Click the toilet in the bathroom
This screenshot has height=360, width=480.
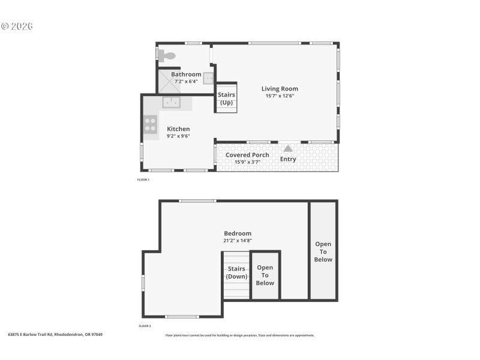(x=167, y=56)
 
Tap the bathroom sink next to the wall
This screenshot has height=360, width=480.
(x=208, y=78)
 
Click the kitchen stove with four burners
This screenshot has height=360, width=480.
(x=150, y=124)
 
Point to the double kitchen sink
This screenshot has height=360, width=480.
(x=172, y=102)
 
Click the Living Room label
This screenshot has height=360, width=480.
(x=280, y=89)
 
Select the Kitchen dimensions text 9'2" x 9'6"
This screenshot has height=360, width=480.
(x=178, y=136)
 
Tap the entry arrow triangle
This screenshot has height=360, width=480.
(x=288, y=148)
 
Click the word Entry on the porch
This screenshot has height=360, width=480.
(x=288, y=159)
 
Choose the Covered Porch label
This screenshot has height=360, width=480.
(x=247, y=155)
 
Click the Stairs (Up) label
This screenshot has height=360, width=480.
(x=226, y=98)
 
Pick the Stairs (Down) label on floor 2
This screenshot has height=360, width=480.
(x=237, y=273)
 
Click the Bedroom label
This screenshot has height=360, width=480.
(x=238, y=233)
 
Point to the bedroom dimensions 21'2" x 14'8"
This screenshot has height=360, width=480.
(x=238, y=241)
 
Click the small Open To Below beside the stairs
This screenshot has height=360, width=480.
(x=265, y=275)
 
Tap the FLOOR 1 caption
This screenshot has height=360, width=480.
(x=143, y=179)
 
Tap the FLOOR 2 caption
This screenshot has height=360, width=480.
(x=145, y=326)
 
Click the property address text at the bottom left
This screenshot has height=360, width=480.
(x=55, y=334)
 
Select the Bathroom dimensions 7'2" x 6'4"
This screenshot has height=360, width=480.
(x=186, y=82)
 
